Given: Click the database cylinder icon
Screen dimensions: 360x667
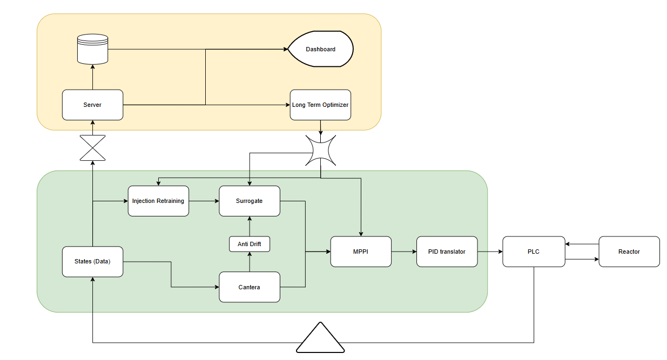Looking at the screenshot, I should (x=93, y=49).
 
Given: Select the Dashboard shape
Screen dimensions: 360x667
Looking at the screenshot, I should (x=320, y=49).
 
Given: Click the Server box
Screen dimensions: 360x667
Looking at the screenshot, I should (x=92, y=105).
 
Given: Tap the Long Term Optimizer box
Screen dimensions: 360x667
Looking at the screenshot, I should (x=320, y=105).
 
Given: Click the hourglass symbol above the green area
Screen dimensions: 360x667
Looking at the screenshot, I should (x=92, y=148).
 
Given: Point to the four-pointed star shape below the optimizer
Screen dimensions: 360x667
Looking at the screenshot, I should (x=321, y=150).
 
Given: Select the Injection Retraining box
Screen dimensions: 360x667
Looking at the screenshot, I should (x=158, y=201).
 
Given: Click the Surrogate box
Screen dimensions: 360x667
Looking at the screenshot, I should (x=250, y=201).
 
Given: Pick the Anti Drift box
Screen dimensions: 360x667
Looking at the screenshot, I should (x=250, y=244).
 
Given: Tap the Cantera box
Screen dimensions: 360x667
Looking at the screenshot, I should (x=250, y=287).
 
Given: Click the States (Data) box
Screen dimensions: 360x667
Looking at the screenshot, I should (x=92, y=262).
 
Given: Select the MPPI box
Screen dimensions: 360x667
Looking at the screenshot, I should (x=361, y=252).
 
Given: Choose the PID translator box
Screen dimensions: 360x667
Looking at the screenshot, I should (x=447, y=252).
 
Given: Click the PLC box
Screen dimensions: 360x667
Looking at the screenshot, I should (x=534, y=252).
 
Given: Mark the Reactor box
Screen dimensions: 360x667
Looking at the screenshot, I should (x=629, y=252).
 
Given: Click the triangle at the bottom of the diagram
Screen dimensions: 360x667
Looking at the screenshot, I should (x=321, y=339).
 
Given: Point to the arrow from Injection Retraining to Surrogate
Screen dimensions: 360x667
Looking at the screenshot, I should (x=204, y=201).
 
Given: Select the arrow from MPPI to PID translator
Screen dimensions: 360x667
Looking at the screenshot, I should (x=404, y=252).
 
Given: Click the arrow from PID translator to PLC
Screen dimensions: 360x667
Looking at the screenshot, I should (x=490, y=252).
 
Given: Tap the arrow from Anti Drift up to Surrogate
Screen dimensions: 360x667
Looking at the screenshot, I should (x=250, y=226).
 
